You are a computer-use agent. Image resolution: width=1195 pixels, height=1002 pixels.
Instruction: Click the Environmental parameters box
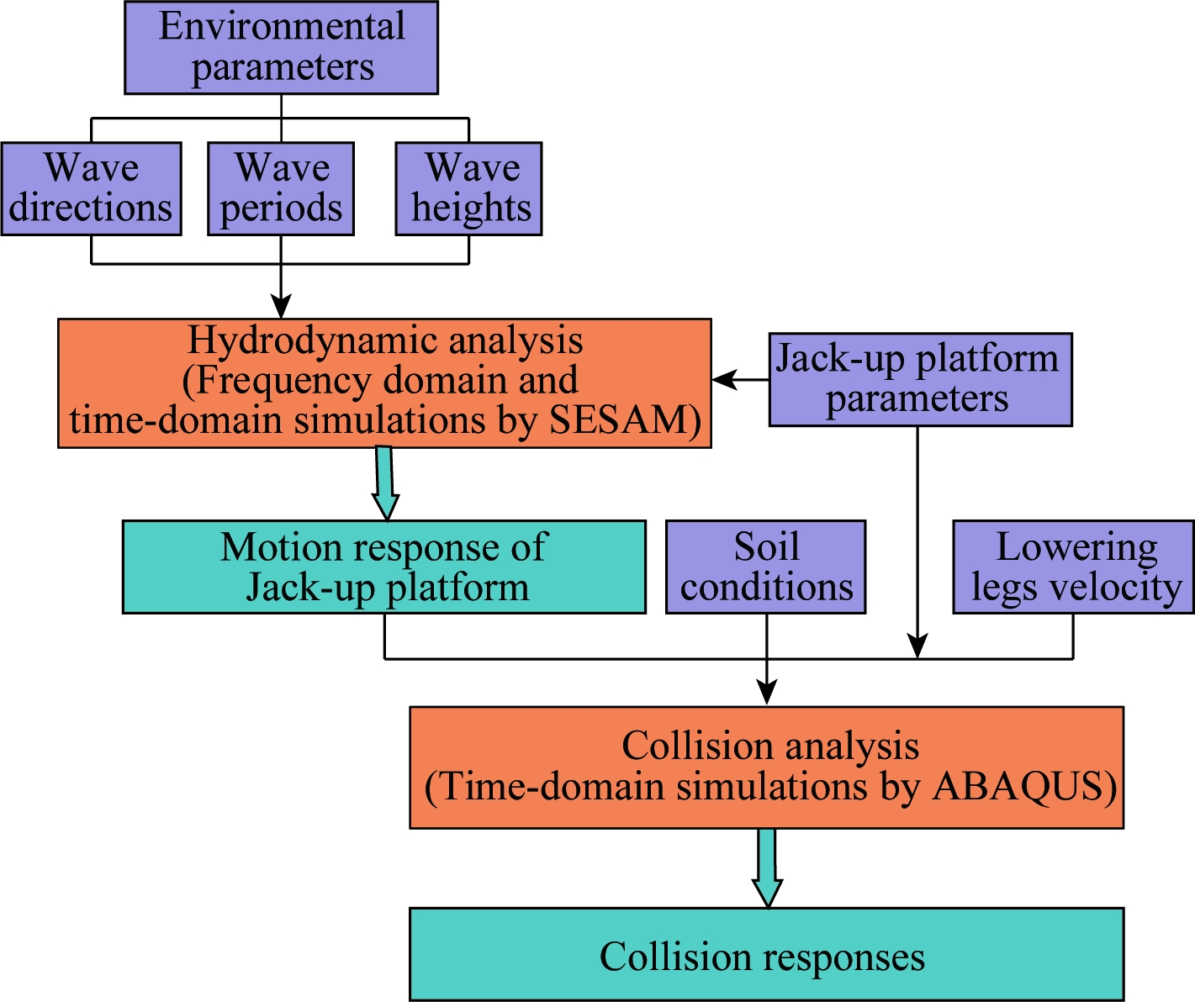pyautogui.click(x=282, y=48)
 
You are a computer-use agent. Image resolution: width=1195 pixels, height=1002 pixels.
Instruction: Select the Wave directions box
pyautogui.click(x=91, y=188)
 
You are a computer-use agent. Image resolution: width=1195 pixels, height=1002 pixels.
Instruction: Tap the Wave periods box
pyautogui.click(x=281, y=188)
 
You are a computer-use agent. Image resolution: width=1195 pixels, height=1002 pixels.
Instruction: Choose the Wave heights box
pyautogui.click(x=468, y=188)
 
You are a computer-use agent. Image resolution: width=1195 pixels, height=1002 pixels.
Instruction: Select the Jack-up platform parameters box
pyautogui.click(x=920, y=379)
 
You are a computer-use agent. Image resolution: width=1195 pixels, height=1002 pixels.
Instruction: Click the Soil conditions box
pyautogui.click(x=766, y=567)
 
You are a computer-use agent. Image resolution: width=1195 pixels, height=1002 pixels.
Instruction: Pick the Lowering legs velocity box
pyautogui.click(x=1074, y=567)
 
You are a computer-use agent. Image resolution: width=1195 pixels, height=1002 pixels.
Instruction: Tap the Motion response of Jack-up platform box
pyautogui.click(x=384, y=567)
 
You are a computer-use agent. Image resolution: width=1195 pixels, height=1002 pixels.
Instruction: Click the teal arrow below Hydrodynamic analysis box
pyautogui.click(x=385, y=484)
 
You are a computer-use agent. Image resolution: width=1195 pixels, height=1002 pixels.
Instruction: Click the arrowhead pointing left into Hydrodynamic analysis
pyautogui.click(x=724, y=379)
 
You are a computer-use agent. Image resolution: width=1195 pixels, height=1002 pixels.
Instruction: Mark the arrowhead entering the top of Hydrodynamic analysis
pyautogui.click(x=280, y=306)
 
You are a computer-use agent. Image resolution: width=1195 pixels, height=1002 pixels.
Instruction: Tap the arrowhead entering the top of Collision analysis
pyautogui.click(x=766, y=693)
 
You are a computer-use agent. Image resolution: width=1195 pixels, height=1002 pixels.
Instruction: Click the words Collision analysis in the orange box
pyautogui.click(x=770, y=746)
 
